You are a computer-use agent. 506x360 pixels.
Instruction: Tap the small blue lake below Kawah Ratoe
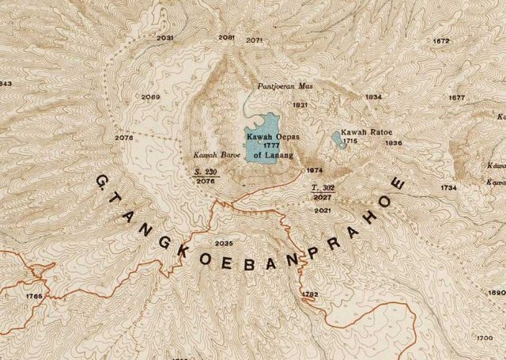coord(338,140)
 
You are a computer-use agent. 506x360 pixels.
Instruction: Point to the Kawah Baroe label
coord(210,155)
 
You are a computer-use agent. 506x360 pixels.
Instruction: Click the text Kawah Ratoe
coord(363,132)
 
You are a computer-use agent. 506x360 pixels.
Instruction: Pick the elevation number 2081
coord(226,37)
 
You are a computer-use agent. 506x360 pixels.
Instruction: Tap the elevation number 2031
coord(165,38)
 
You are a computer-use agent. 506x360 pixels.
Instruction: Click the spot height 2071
coord(254,40)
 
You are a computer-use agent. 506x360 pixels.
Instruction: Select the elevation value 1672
coord(441,40)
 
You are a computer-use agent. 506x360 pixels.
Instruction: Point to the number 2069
coord(152,97)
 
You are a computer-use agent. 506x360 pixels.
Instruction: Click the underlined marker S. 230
coord(205,171)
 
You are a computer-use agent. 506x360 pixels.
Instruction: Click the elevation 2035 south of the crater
coord(224,243)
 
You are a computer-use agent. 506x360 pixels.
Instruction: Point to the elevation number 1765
coord(34,296)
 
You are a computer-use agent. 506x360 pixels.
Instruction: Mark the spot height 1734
coord(449,188)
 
